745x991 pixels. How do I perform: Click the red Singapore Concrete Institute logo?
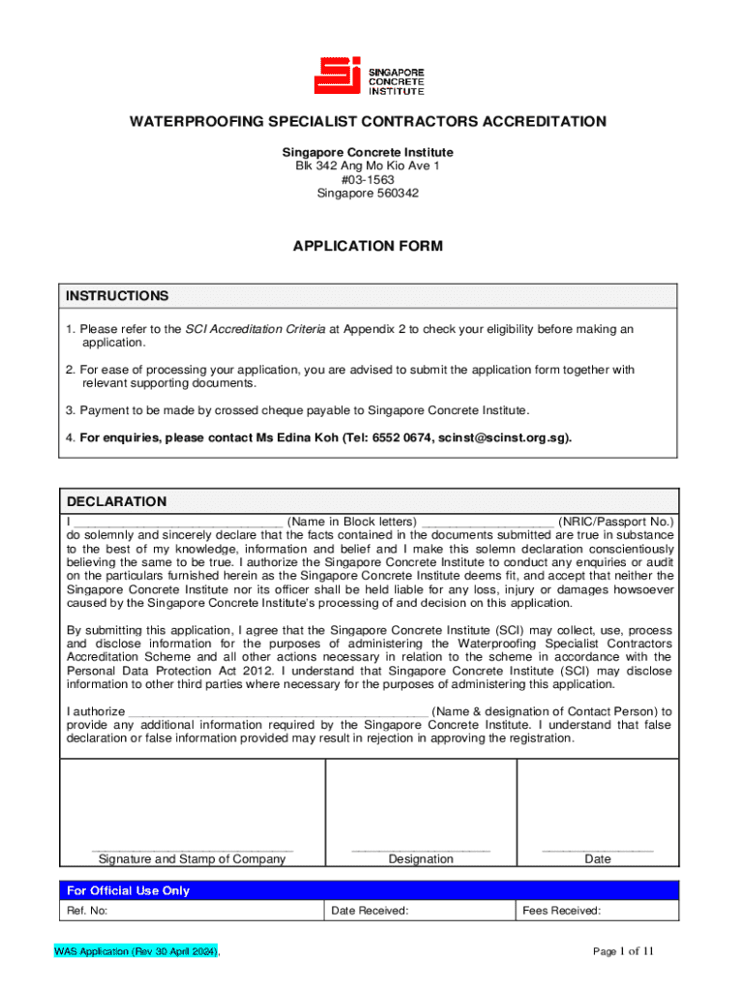pyautogui.click(x=368, y=75)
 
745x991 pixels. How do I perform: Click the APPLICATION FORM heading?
pyautogui.click(x=368, y=246)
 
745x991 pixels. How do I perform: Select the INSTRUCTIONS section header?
pyautogui.click(x=117, y=296)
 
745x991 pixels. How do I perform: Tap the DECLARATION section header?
pyautogui.click(x=116, y=501)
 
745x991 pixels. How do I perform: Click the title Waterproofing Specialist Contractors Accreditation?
pyautogui.click(x=369, y=122)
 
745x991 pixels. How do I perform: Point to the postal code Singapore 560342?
pyautogui.click(x=368, y=194)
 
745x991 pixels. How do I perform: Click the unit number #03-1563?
pyautogui.click(x=368, y=180)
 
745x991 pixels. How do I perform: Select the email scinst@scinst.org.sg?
pyautogui.click(x=503, y=437)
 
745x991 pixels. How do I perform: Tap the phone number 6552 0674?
pyautogui.click(x=402, y=437)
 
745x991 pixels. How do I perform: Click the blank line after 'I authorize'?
pyautogui.click(x=279, y=711)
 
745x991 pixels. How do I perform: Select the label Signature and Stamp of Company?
pyautogui.click(x=193, y=859)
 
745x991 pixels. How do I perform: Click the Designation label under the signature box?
pyautogui.click(x=420, y=859)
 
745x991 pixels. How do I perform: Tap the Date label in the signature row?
pyautogui.click(x=598, y=859)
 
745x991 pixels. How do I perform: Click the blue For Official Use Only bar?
pyautogui.click(x=369, y=890)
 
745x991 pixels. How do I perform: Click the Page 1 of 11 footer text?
pyautogui.click(x=623, y=951)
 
